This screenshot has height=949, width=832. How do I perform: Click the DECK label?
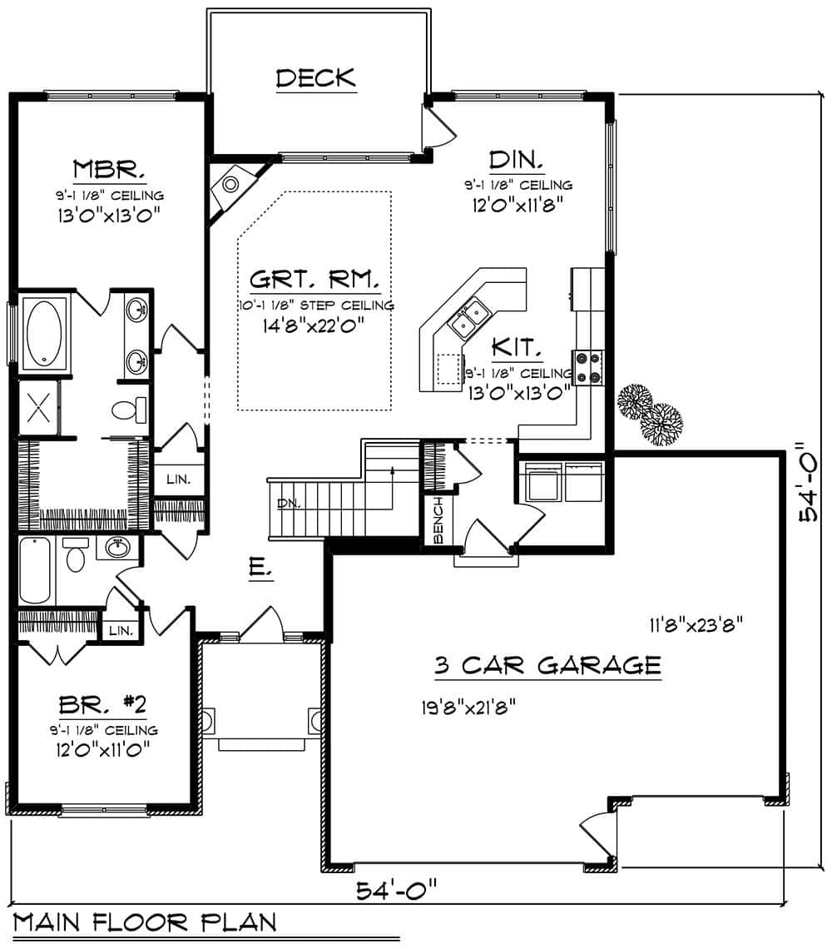[315, 78]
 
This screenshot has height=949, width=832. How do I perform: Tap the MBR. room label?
[109, 170]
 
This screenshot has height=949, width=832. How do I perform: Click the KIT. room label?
[518, 347]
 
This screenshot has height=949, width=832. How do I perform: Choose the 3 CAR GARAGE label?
[547, 665]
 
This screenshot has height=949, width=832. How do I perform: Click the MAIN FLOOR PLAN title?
[145, 922]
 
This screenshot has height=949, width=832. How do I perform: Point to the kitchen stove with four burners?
[588, 367]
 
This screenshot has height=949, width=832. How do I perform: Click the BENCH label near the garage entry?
[438, 518]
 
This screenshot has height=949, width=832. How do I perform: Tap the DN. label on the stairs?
[288, 504]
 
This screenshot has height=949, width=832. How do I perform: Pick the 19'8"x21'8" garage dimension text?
[469, 708]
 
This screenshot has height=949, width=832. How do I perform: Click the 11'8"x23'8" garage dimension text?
[691, 624]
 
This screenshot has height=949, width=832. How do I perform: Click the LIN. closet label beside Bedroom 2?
[121, 630]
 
